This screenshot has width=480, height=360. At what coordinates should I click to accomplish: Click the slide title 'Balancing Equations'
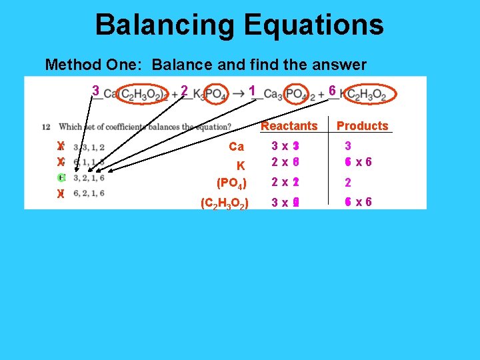[x=239, y=25]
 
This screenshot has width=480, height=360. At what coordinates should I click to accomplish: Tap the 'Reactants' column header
[x=289, y=126]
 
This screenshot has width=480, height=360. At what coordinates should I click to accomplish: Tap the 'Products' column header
[x=362, y=126]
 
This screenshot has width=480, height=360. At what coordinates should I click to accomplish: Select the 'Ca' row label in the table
[x=236, y=147]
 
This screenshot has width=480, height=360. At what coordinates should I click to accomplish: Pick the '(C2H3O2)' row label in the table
[x=225, y=203]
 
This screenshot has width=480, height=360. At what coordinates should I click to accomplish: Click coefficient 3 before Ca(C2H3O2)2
[x=96, y=90]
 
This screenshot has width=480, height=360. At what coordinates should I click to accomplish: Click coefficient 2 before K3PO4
[x=184, y=90]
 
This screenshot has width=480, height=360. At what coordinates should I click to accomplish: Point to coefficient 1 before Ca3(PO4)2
[x=251, y=90]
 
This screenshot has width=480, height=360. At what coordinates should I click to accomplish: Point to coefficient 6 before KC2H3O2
[x=332, y=90]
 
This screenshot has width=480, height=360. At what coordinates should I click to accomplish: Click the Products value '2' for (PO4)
[x=347, y=183]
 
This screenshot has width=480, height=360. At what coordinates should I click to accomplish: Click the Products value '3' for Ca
[x=347, y=146]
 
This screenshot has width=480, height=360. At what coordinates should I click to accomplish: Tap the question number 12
[x=45, y=127]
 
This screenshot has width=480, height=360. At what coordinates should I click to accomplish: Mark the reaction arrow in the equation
[x=238, y=94]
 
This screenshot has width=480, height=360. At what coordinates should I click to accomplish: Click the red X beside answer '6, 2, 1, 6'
[x=61, y=194]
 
